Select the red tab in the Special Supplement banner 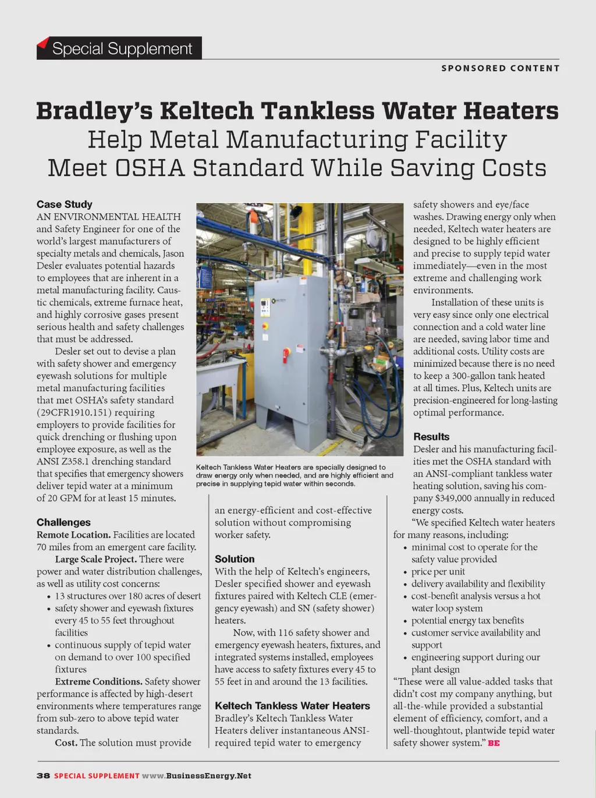coord(42,43)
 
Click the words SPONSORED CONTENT coord(500,68)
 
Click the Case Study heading coord(64,204)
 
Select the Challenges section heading coord(63,522)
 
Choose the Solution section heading coord(235,559)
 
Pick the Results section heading coord(431,437)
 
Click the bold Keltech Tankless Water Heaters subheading coord(292,706)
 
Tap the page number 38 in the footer coord(43,776)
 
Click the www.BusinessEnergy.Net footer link coord(197,776)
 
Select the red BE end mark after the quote coord(494,743)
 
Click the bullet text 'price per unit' coord(438,571)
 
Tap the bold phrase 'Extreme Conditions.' coord(98,682)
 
